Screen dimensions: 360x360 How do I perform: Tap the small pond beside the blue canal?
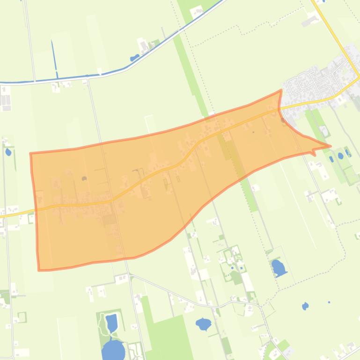point(134,58)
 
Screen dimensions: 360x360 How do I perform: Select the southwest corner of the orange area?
point(39,269)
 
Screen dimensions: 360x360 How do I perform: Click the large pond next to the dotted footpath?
point(278,268)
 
